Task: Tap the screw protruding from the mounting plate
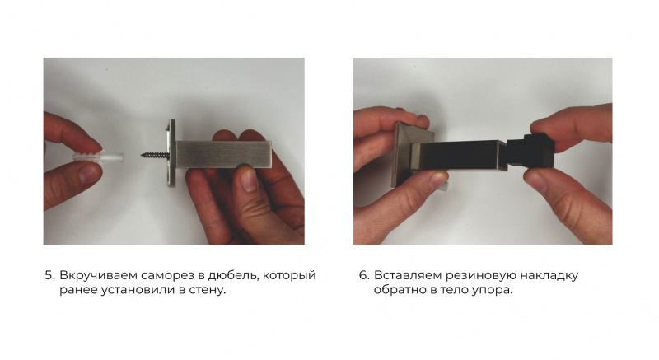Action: [155, 156]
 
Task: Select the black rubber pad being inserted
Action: [531, 150]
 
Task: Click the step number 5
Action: [49, 276]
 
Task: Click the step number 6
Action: [364, 276]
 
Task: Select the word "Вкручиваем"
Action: [98, 276]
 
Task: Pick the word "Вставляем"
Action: [408, 276]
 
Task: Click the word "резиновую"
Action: [481, 276]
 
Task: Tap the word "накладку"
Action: [549, 276]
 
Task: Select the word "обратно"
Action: [400, 290]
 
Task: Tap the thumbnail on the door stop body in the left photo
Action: [248, 180]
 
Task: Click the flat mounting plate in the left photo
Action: [171, 153]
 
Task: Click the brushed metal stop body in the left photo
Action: [223, 155]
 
